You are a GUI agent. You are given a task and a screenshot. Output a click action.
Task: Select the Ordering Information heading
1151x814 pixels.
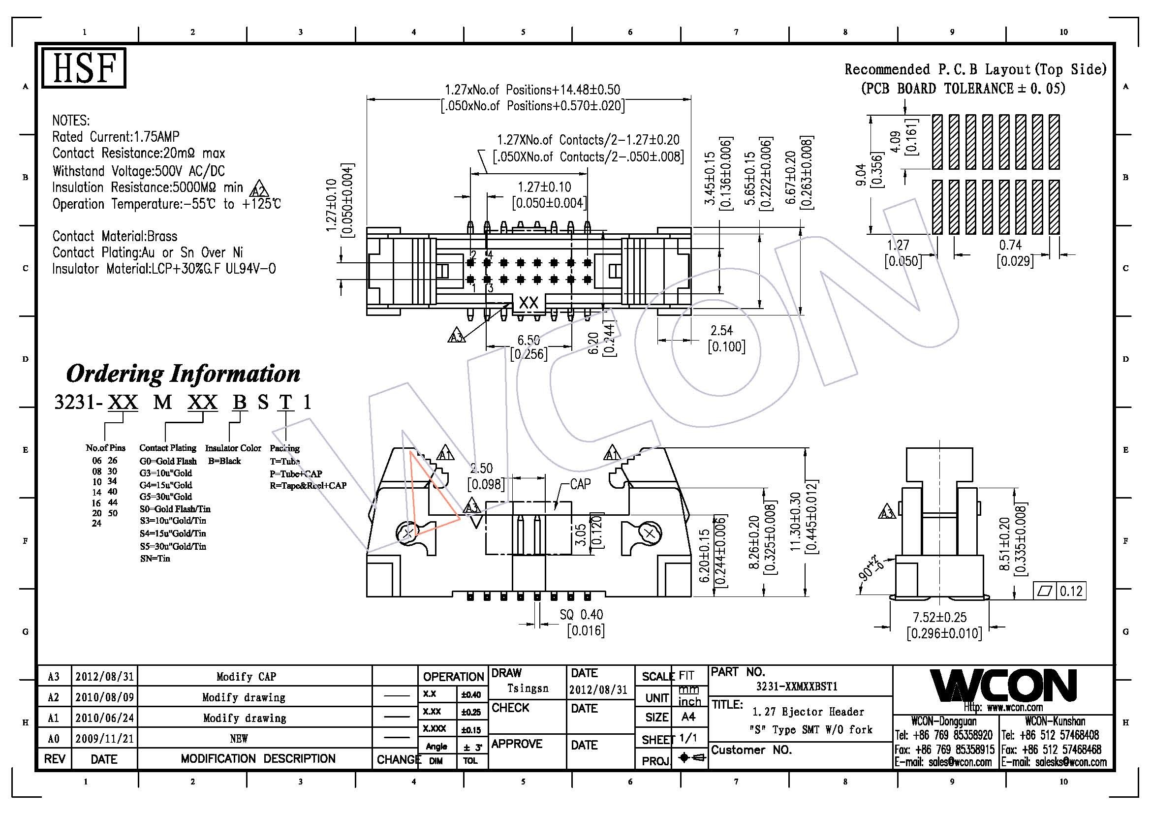click(x=183, y=374)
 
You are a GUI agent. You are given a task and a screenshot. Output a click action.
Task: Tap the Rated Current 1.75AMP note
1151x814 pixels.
click(x=116, y=136)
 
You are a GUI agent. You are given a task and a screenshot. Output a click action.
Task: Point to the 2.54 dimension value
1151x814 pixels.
click(x=721, y=331)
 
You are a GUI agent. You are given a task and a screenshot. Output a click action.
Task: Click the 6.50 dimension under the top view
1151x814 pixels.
click(x=529, y=341)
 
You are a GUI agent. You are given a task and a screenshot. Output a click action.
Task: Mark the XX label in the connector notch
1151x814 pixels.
click(x=529, y=303)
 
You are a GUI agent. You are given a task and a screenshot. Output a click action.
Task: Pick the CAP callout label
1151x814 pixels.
click(x=581, y=484)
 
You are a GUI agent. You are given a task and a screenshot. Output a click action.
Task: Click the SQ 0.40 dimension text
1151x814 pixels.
click(x=581, y=615)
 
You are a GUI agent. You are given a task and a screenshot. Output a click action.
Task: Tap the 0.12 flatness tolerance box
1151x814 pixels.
click(x=1071, y=592)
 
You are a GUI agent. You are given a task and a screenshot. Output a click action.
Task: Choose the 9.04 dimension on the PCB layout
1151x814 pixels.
click(x=860, y=175)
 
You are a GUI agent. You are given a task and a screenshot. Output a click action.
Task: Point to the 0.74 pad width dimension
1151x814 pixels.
click(x=1010, y=245)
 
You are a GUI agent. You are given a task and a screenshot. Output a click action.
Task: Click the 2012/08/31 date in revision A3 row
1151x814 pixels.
click(x=104, y=677)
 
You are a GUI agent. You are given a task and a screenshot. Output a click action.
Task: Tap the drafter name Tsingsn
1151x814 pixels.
click(x=528, y=688)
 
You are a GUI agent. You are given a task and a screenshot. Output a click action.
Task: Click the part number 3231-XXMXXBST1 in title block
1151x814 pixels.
click(x=797, y=687)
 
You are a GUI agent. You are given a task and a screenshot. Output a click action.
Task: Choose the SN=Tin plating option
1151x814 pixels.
click(x=155, y=559)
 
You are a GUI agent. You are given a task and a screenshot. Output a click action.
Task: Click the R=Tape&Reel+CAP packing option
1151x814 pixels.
click(x=308, y=485)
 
